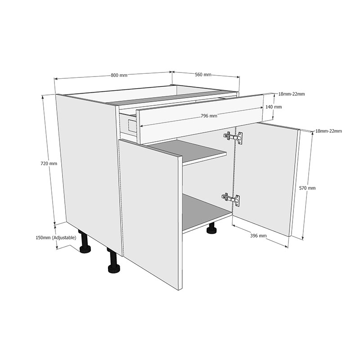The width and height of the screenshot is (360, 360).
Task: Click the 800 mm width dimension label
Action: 119,75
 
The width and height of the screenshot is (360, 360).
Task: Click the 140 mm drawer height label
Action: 274,107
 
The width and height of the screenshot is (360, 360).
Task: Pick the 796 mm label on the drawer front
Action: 209,116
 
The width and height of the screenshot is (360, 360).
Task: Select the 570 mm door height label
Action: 308,188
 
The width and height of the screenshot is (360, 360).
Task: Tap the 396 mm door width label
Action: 259,235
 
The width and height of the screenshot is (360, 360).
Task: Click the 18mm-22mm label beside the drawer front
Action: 292,94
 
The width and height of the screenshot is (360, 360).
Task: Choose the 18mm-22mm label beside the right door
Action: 328,131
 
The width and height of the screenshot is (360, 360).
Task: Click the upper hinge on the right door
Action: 234,137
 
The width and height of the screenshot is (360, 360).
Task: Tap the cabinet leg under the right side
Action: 211,230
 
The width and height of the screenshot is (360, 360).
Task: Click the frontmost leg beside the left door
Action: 114,263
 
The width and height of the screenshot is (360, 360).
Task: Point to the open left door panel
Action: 151,211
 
